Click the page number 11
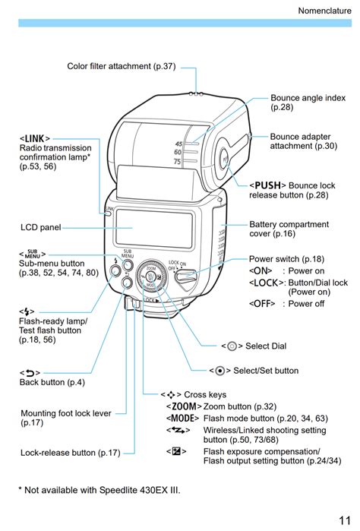(344, 520)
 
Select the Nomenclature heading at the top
(324, 11)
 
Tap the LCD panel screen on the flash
(154, 228)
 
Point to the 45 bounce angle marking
(178, 144)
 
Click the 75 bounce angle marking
(177, 162)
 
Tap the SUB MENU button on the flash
(128, 265)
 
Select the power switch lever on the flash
(185, 276)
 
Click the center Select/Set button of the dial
(150, 277)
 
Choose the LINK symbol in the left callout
(35, 138)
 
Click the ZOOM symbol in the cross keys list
(184, 406)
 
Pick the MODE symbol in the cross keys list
(182, 419)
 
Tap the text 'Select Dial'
(266, 346)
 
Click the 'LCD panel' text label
(41, 227)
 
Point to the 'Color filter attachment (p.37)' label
(122, 66)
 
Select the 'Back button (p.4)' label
(52, 382)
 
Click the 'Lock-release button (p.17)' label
(71, 453)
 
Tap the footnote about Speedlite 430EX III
(99, 490)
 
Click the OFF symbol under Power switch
(262, 303)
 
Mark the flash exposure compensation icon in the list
(176, 451)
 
